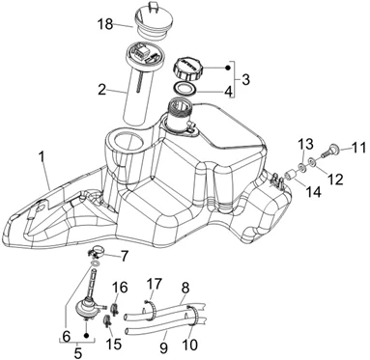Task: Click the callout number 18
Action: pos(105,24)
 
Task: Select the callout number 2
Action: pos(101,90)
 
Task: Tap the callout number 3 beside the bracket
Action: pos(245,79)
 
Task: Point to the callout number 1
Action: pos(41,156)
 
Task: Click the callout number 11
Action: pos(359,149)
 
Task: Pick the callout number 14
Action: pos(314,192)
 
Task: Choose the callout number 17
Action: pos(155,284)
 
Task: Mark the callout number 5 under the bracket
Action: pos(78,352)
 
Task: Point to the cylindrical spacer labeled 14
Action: pos(292,176)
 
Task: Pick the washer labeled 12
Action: pos(312,160)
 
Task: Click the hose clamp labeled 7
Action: pos(96,252)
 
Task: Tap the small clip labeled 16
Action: pos(114,308)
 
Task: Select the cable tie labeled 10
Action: pos(192,316)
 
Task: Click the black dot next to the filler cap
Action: pos(228,68)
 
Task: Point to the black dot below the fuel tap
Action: pos(86,336)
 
